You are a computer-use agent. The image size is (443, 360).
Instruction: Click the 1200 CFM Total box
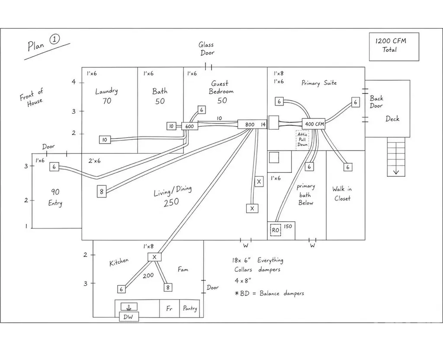[394, 47]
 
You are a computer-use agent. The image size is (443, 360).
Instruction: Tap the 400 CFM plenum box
[314, 124]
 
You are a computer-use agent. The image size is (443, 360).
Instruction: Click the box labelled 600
[189, 126]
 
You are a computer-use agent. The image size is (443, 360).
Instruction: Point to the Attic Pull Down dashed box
[302, 140]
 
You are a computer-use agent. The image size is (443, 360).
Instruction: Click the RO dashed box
[276, 230]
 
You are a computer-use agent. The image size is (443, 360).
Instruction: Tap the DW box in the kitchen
[129, 317]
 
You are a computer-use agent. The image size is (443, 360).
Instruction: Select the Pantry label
[189, 308]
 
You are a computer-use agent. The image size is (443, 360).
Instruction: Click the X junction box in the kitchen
[154, 257]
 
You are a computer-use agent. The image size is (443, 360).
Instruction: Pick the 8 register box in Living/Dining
[102, 191]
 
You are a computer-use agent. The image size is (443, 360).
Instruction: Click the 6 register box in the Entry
[54, 167]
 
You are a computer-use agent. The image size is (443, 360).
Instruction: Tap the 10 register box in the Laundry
[105, 140]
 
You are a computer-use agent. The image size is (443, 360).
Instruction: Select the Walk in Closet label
[342, 194]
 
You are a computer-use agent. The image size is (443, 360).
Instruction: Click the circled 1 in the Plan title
[55, 39]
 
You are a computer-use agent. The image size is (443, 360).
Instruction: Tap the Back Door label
[376, 102]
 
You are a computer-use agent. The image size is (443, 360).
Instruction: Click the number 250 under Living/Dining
[171, 202]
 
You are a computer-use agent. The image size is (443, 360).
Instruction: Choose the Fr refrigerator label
[169, 309]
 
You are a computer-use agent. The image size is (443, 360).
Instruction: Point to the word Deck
[392, 118]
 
